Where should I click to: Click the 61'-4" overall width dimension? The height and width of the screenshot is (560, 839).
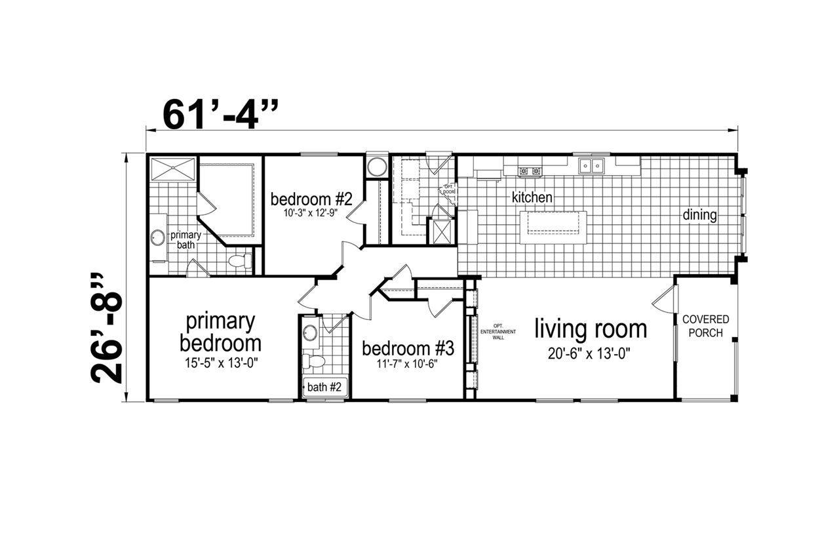pyautogui.click(x=221, y=115)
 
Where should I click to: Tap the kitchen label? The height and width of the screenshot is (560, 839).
pyautogui.click(x=532, y=197)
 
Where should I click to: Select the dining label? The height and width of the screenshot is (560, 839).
pyautogui.click(x=699, y=215)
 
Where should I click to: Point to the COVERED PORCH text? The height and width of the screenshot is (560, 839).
pyautogui.click(x=706, y=326)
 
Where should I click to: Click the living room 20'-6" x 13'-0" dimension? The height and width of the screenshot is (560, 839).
pyautogui.click(x=589, y=354)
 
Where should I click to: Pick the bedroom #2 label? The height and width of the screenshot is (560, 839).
pyautogui.click(x=311, y=199)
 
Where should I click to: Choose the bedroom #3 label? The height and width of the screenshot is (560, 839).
pyautogui.click(x=408, y=349)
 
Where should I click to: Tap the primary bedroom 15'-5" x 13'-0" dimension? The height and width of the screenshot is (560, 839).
pyautogui.click(x=222, y=363)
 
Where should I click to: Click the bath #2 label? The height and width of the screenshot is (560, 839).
pyautogui.click(x=324, y=387)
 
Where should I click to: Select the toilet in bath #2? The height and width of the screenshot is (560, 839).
pyautogui.click(x=313, y=361)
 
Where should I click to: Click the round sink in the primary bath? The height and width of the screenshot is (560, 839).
pyautogui.click(x=158, y=237)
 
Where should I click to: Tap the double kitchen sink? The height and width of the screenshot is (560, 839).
pyautogui.click(x=591, y=166)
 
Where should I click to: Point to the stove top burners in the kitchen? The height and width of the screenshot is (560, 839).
pyautogui.click(x=530, y=171)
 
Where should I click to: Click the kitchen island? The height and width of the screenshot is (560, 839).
pyautogui.click(x=553, y=228)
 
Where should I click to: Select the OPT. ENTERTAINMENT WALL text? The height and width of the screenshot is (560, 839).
pyautogui.click(x=498, y=332)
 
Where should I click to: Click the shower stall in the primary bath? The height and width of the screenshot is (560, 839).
pyautogui.click(x=172, y=169)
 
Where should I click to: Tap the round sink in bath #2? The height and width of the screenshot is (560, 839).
pyautogui.click(x=310, y=333)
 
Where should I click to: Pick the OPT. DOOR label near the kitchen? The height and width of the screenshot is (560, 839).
pyautogui.click(x=449, y=190)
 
